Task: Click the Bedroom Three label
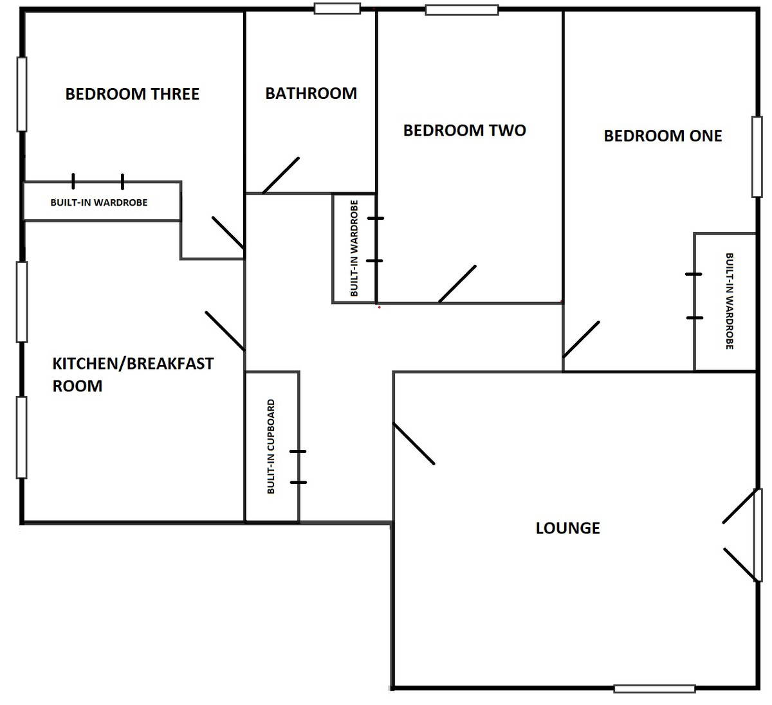pos(133,94)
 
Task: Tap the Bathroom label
pos(311,93)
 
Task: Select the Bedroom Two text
pos(464,130)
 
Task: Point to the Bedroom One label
pos(663,136)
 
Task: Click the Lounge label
pos(567,528)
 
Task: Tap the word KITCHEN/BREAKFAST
pos(133,364)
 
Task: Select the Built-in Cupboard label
pos(271,447)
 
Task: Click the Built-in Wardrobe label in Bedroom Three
pos(99,202)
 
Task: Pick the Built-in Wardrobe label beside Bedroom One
pos(729,301)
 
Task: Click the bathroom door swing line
pos(281,175)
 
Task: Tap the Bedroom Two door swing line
pos(457,284)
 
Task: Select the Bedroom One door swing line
pos(581,339)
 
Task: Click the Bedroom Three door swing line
pos(228,233)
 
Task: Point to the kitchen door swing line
pos(225,331)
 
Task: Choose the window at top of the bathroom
pos(337,8)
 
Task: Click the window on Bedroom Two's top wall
pos(462,10)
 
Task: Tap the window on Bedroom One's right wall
pos(757,157)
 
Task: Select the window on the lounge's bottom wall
pos(654,688)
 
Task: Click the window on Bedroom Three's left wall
pos(22,94)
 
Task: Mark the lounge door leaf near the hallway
pos(414,444)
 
